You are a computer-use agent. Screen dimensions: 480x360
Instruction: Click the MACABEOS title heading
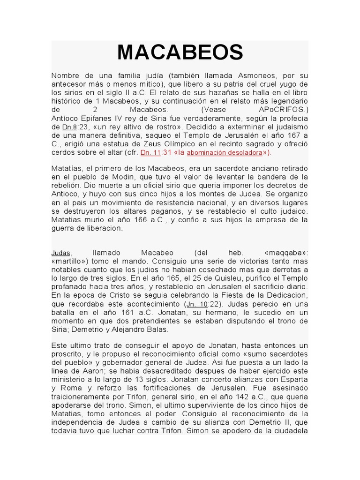tap(180, 52)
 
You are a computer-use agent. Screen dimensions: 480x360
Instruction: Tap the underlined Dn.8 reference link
tap(69, 127)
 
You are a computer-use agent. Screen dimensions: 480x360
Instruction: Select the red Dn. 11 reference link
tap(150, 152)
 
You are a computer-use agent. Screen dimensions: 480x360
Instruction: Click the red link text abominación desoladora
tap(224, 153)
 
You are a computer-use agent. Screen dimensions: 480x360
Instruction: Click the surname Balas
tap(157, 329)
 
